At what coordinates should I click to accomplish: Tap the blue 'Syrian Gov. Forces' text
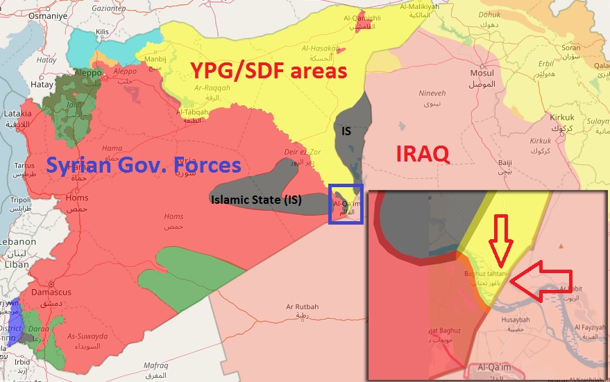pyautogui.click(x=143, y=165)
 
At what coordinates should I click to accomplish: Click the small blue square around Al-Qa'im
pyautogui.click(x=345, y=204)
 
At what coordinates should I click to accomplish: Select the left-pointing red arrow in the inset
pyautogui.click(x=544, y=281)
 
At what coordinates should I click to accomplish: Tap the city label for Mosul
pyautogui.click(x=482, y=73)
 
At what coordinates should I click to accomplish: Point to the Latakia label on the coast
pyautogui.click(x=17, y=113)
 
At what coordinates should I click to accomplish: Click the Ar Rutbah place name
pyautogui.click(x=302, y=306)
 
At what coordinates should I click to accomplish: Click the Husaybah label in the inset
pyautogui.click(x=515, y=320)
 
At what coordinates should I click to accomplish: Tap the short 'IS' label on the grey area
pyautogui.click(x=346, y=130)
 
